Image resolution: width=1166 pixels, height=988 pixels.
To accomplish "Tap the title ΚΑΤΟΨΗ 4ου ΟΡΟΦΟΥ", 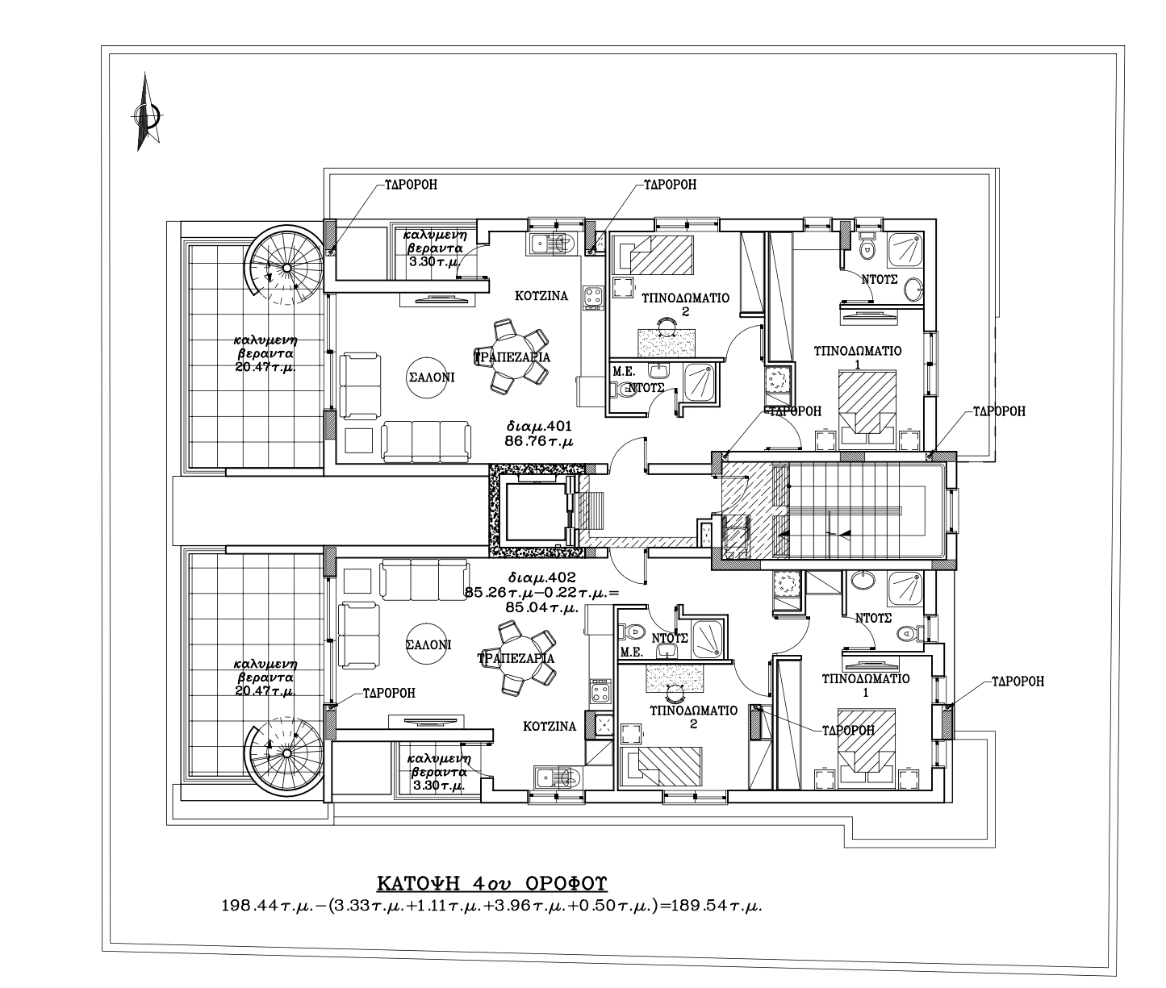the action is point(491,882).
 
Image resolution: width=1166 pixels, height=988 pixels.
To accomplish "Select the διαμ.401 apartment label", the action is point(539,426).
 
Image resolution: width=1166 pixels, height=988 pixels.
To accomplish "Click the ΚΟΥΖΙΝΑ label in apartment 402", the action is point(550,727).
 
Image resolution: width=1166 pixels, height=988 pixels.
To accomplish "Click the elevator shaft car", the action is point(535,511).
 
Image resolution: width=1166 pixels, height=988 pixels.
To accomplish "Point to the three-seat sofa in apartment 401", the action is point(426,441).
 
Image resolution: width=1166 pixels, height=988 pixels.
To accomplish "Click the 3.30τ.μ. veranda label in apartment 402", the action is point(439,786).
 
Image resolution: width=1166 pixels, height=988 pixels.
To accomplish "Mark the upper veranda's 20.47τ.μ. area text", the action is point(265,367).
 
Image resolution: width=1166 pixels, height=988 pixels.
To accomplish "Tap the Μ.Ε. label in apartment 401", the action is point(625,372).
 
